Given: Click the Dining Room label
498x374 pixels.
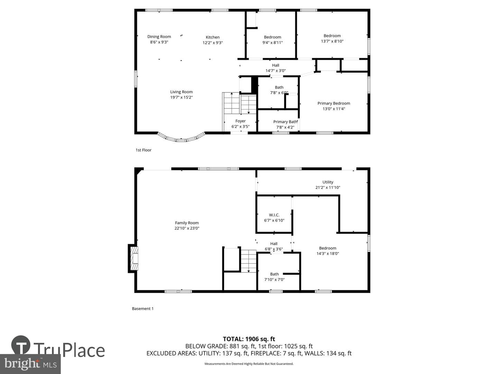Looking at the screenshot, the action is (159, 37).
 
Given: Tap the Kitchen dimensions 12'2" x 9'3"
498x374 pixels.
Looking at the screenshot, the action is (213, 43).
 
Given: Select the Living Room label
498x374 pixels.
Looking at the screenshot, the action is (182, 92).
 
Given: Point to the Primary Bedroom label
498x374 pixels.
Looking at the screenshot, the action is (334, 103).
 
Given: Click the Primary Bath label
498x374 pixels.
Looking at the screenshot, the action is (285, 122).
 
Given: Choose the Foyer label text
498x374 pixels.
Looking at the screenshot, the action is (240, 121).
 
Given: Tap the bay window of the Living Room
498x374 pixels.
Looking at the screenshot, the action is (181, 138).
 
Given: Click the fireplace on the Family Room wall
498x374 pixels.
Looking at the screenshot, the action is (133, 258).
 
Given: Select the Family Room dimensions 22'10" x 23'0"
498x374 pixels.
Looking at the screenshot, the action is (187, 228).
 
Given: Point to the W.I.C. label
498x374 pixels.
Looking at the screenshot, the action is (274, 215).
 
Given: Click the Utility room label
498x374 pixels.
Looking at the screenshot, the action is (328, 182).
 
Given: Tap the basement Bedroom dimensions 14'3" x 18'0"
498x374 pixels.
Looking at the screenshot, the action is (328, 253).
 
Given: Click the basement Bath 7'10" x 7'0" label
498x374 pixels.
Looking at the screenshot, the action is (274, 277).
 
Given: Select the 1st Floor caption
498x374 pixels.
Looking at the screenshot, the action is (144, 150).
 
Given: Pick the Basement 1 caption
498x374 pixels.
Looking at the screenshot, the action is (143, 309).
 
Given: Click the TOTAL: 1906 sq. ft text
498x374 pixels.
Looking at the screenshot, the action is (249, 339).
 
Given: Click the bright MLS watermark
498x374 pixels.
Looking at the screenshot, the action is (30, 364).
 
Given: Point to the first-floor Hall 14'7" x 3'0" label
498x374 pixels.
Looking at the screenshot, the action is (276, 68).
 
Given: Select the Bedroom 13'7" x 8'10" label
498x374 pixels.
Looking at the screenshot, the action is (332, 38).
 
